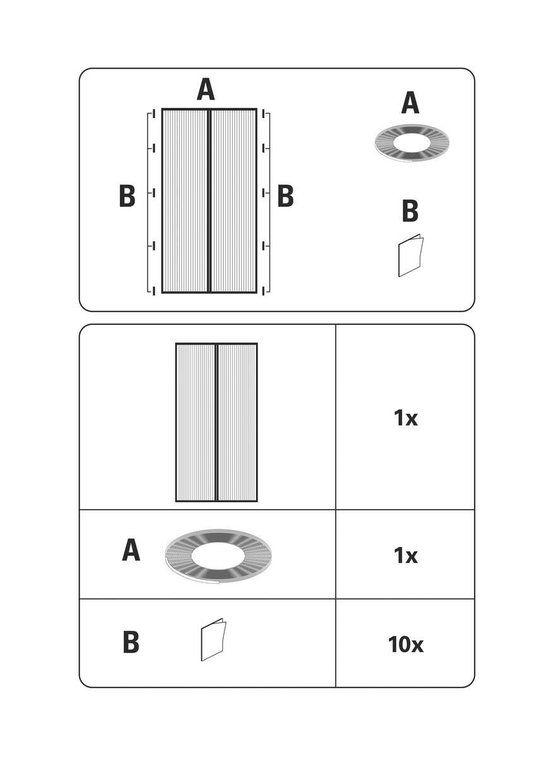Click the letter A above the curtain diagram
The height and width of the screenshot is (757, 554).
pyautogui.click(x=206, y=90)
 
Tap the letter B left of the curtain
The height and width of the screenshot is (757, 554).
pyautogui.click(x=127, y=196)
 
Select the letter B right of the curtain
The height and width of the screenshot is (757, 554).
pyautogui.click(x=286, y=196)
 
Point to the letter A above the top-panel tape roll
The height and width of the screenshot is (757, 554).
pyautogui.click(x=410, y=103)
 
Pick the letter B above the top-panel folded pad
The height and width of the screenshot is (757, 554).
pyautogui.click(x=410, y=211)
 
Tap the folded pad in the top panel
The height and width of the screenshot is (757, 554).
pyautogui.click(x=410, y=256)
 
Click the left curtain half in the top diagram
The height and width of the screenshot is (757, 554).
pyautogui.click(x=186, y=201)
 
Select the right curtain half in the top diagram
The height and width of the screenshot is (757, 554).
pyautogui.click(x=233, y=201)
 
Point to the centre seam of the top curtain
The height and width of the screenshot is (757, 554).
pyautogui.click(x=209, y=201)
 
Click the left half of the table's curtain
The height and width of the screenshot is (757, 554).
pyautogui.click(x=196, y=422)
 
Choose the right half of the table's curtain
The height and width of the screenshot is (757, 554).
pyautogui.click(x=237, y=422)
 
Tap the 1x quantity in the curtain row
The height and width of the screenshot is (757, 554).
pyautogui.click(x=405, y=418)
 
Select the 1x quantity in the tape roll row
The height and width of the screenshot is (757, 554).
pyautogui.click(x=405, y=555)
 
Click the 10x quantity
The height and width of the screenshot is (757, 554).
pyautogui.click(x=405, y=645)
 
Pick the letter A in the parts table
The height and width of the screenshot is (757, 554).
pyautogui.click(x=131, y=551)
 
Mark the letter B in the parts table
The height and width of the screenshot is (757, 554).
pyautogui.click(x=131, y=643)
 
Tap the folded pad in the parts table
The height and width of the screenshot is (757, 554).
pyautogui.click(x=213, y=640)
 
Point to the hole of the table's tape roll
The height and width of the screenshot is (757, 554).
pyautogui.click(x=218, y=555)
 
